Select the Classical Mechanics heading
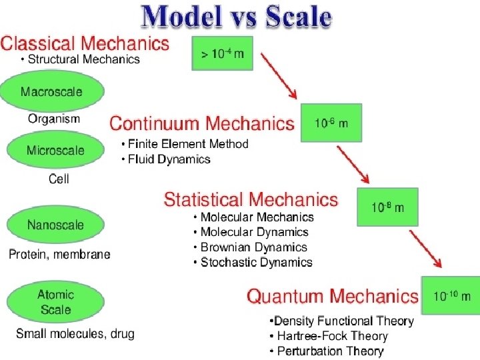85,44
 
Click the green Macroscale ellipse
51,91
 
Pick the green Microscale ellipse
55,150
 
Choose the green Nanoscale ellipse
55,225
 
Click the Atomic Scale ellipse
55,302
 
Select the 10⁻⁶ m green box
331,123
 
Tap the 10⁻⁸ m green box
388,207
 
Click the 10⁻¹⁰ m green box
451,295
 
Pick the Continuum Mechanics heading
201,123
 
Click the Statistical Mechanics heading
251,199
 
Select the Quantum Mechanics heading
333,296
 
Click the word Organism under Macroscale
53,119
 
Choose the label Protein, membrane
59,254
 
